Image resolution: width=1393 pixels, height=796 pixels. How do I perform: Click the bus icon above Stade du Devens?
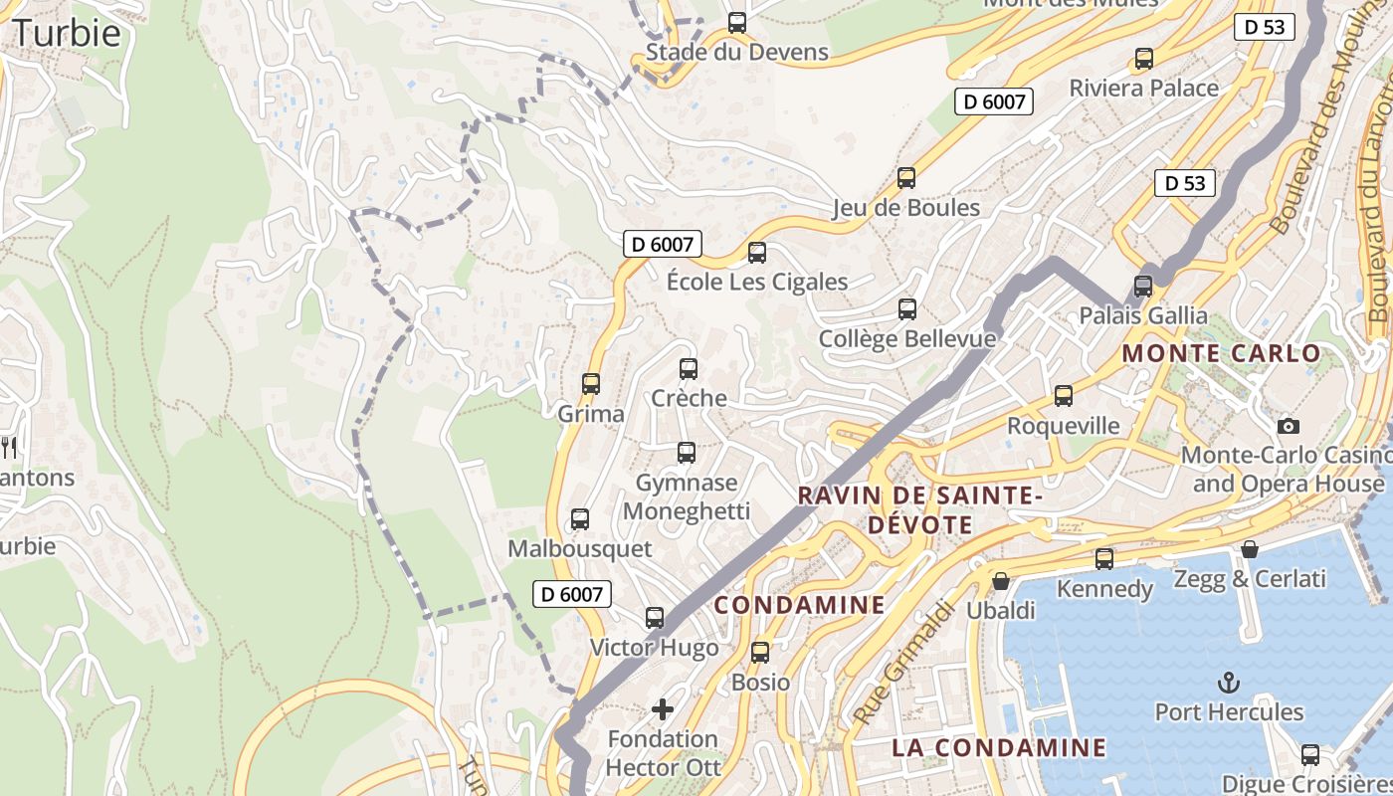(737, 23)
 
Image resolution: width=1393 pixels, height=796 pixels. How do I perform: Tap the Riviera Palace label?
(1143, 88)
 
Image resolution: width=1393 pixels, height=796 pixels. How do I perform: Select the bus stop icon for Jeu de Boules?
(906, 178)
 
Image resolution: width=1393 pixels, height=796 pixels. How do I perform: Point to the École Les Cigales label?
(756, 282)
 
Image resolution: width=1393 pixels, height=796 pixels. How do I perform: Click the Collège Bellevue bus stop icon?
(907, 309)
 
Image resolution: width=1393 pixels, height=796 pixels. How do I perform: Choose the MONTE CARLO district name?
(1221, 353)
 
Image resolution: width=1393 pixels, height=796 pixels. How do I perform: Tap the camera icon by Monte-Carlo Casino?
(1289, 426)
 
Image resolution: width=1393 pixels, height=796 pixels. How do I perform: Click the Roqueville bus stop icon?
(1064, 396)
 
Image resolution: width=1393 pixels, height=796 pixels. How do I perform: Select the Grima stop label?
(591, 414)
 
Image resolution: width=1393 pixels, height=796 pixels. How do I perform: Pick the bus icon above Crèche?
(689, 369)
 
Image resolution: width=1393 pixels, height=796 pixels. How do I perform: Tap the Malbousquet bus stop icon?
(579, 519)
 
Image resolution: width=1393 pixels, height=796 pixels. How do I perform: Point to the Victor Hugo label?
(654, 648)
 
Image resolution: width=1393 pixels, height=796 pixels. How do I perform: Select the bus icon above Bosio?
(760, 653)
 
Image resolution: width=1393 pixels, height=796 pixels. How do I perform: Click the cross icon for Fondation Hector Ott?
(663, 709)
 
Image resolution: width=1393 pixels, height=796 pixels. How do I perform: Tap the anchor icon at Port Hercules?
(1229, 683)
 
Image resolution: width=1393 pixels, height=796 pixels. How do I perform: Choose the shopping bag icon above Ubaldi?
(1001, 580)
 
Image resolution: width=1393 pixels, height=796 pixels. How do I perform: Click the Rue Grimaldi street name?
(897, 663)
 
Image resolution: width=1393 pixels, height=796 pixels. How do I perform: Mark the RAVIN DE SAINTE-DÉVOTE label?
(919, 508)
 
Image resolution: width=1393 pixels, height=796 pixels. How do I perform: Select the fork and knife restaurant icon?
(10, 448)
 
